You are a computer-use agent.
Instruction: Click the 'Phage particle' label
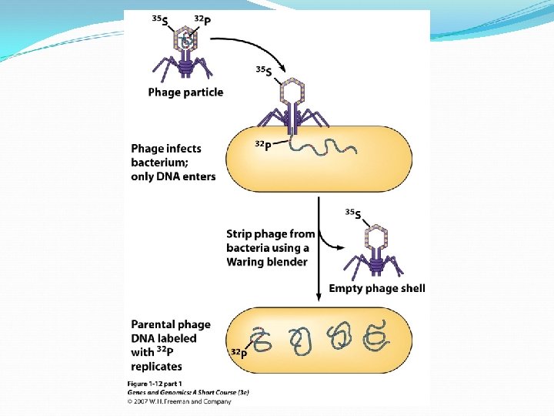[185, 92]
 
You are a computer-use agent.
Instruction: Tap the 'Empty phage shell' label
[376, 289]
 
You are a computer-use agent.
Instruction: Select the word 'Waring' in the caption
[246, 262]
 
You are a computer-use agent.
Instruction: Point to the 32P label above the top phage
[202, 18]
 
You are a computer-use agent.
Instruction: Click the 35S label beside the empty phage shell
[352, 212]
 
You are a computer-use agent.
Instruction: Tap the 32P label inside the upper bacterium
[262, 144]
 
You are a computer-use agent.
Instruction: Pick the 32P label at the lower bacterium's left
[239, 353]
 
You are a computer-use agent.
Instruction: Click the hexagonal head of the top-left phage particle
[186, 40]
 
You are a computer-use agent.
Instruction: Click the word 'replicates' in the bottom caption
[157, 367]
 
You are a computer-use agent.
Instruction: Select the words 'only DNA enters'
[173, 176]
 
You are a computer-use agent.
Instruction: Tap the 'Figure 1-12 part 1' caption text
[153, 383]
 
